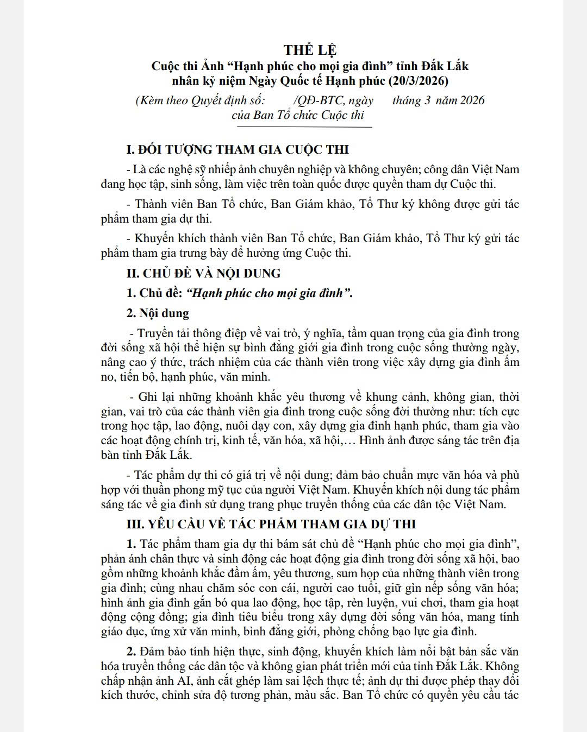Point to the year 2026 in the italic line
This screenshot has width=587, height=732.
(472, 100)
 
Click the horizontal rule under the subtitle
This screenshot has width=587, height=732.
(304, 127)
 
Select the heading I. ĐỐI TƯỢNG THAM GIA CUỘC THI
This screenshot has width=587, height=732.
(238, 150)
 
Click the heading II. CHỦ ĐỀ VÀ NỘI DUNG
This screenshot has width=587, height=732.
(203, 273)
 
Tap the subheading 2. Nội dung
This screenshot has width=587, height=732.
(158, 313)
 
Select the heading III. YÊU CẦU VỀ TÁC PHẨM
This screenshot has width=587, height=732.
(271, 524)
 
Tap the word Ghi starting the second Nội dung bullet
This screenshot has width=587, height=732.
(148, 397)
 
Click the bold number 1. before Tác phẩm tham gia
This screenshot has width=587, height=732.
(132, 544)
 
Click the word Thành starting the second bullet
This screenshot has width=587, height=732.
(153, 204)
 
